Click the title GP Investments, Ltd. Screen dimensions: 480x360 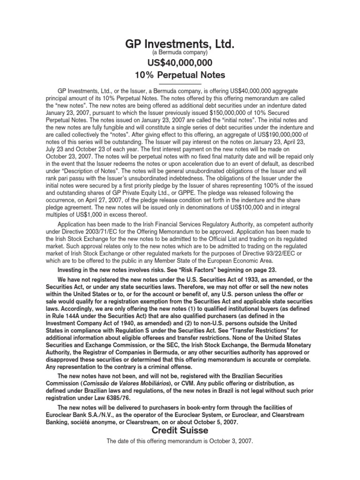180,45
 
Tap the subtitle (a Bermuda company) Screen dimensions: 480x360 180,53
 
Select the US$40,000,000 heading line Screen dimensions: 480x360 180,63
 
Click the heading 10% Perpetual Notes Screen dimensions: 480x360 180,75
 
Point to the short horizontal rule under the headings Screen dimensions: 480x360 180,83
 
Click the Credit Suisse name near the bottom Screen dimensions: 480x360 180,430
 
